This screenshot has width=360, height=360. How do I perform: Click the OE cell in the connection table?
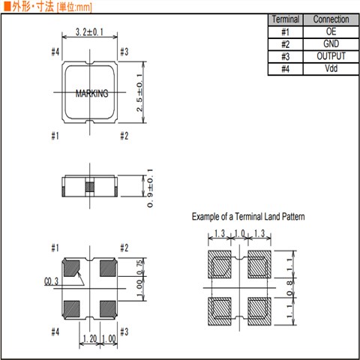[331, 31]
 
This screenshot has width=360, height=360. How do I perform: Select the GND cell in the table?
[331, 44]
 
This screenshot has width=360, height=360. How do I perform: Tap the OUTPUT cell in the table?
[331, 56]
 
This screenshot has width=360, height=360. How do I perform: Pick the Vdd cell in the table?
[331, 68]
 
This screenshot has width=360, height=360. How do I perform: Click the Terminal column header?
[286, 19]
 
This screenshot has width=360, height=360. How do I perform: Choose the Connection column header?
[331, 19]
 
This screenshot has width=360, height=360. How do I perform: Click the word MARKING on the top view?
[92, 93]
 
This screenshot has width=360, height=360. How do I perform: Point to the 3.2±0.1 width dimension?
[89, 32]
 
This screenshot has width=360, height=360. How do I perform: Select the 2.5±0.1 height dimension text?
[139, 92]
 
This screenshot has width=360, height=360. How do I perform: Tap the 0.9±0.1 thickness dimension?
[150, 188]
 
